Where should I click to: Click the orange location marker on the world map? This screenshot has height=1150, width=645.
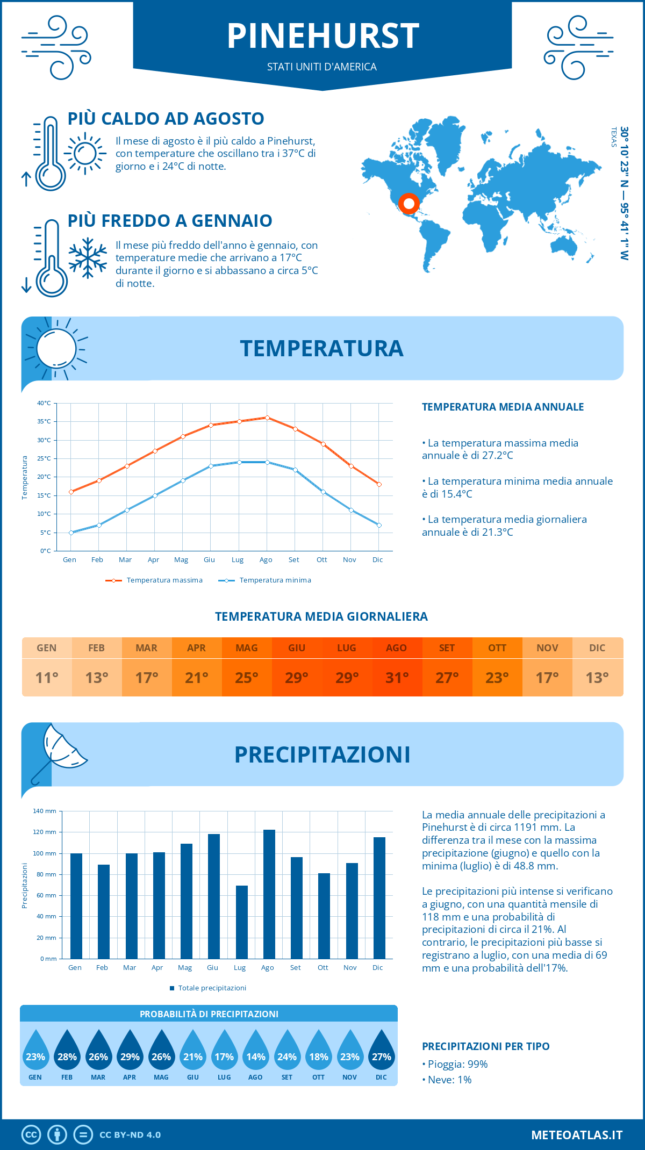click(x=409, y=204)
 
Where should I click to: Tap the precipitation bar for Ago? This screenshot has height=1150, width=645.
click(x=269, y=894)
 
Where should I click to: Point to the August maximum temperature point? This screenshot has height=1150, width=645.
click(x=267, y=418)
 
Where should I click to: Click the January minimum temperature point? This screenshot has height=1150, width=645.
click(x=71, y=533)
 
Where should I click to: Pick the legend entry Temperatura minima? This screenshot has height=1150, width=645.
click(x=275, y=580)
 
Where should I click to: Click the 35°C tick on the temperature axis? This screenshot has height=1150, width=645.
click(x=44, y=421)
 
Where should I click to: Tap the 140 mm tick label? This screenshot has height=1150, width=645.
click(x=45, y=811)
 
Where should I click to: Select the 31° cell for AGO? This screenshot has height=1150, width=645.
click(x=397, y=678)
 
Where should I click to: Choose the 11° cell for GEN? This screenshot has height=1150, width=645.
click(x=47, y=678)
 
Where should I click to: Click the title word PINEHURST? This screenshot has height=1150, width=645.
click(x=322, y=36)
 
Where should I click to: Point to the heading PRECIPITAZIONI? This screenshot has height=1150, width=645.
click(x=322, y=754)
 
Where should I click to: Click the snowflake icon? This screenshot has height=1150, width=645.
click(x=88, y=258)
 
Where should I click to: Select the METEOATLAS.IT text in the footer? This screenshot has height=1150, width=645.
click(x=576, y=1135)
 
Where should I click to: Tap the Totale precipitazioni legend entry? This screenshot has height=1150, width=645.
click(x=212, y=988)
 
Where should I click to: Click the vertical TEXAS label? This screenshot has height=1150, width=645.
click(x=614, y=137)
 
